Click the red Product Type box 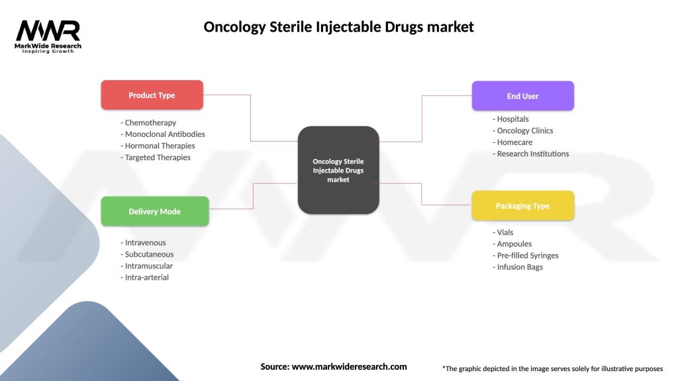152,95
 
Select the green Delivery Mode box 154,211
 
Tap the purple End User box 522,96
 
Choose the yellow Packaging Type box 522,206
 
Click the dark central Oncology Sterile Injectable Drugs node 338,170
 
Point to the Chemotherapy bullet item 149,122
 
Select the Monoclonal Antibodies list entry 163,134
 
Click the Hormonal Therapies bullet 158,146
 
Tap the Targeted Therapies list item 156,157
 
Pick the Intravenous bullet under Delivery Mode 144,243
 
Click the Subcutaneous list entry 148,254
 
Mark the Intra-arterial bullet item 145,277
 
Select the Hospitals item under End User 511,119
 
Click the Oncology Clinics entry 523,130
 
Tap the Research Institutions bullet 531,153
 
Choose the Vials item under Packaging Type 503,232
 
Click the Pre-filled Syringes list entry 526,255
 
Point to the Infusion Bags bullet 518,267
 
